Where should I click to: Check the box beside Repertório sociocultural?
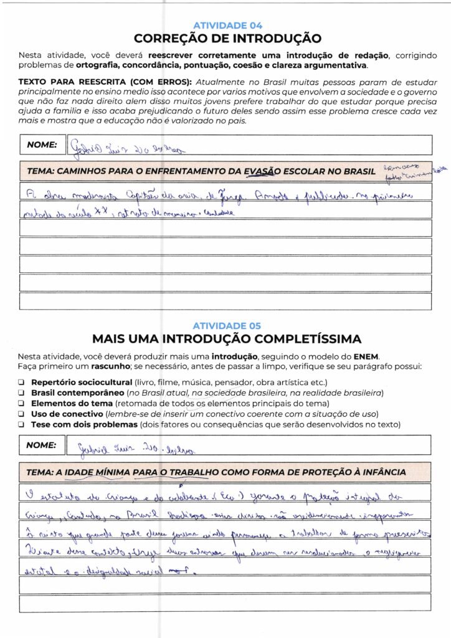click(21, 382)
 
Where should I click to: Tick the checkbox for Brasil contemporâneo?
click(21, 393)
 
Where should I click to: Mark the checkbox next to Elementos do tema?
click(21, 403)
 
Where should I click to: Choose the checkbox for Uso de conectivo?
click(21, 414)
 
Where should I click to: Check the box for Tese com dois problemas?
click(21, 424)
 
